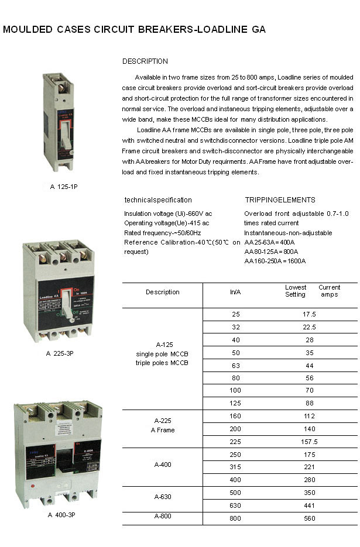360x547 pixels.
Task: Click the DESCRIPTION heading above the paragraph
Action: pyautogui.click(x=145, y=61)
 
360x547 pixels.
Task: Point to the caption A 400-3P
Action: pyautogui.click(x=61, y=515)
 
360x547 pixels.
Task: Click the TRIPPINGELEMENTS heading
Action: pyautogui.click(x=280, y=200)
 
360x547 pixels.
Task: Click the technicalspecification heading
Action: pyautogui.click(x=158, y=200)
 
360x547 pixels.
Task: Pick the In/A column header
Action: pyautogui.click(x=236, y=292)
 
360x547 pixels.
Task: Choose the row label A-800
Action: pyautogui.click(x=163, y=517)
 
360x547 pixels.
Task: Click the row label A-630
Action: pyautogui.click(x=163, y=497)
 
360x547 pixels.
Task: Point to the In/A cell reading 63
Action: pyautogui.click(x=236, y=365)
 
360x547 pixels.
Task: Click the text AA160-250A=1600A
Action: pyautogui.click(x=275, y=261)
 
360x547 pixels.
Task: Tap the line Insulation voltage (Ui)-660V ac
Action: pyautogui.click(x=168, y=214)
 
